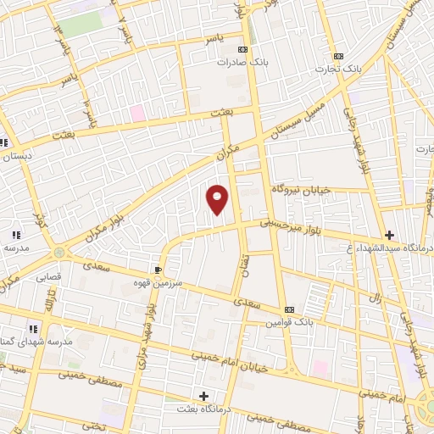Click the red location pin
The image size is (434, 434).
click(x=218, y=199)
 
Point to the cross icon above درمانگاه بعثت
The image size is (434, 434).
click(x=203, y=396)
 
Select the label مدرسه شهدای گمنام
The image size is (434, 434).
click(x=35, y=342)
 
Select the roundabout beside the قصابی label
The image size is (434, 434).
click(x=58, y=252)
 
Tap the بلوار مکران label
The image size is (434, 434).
click(x=106, y=224)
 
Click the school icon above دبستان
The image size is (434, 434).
click(x=5, y=142)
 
